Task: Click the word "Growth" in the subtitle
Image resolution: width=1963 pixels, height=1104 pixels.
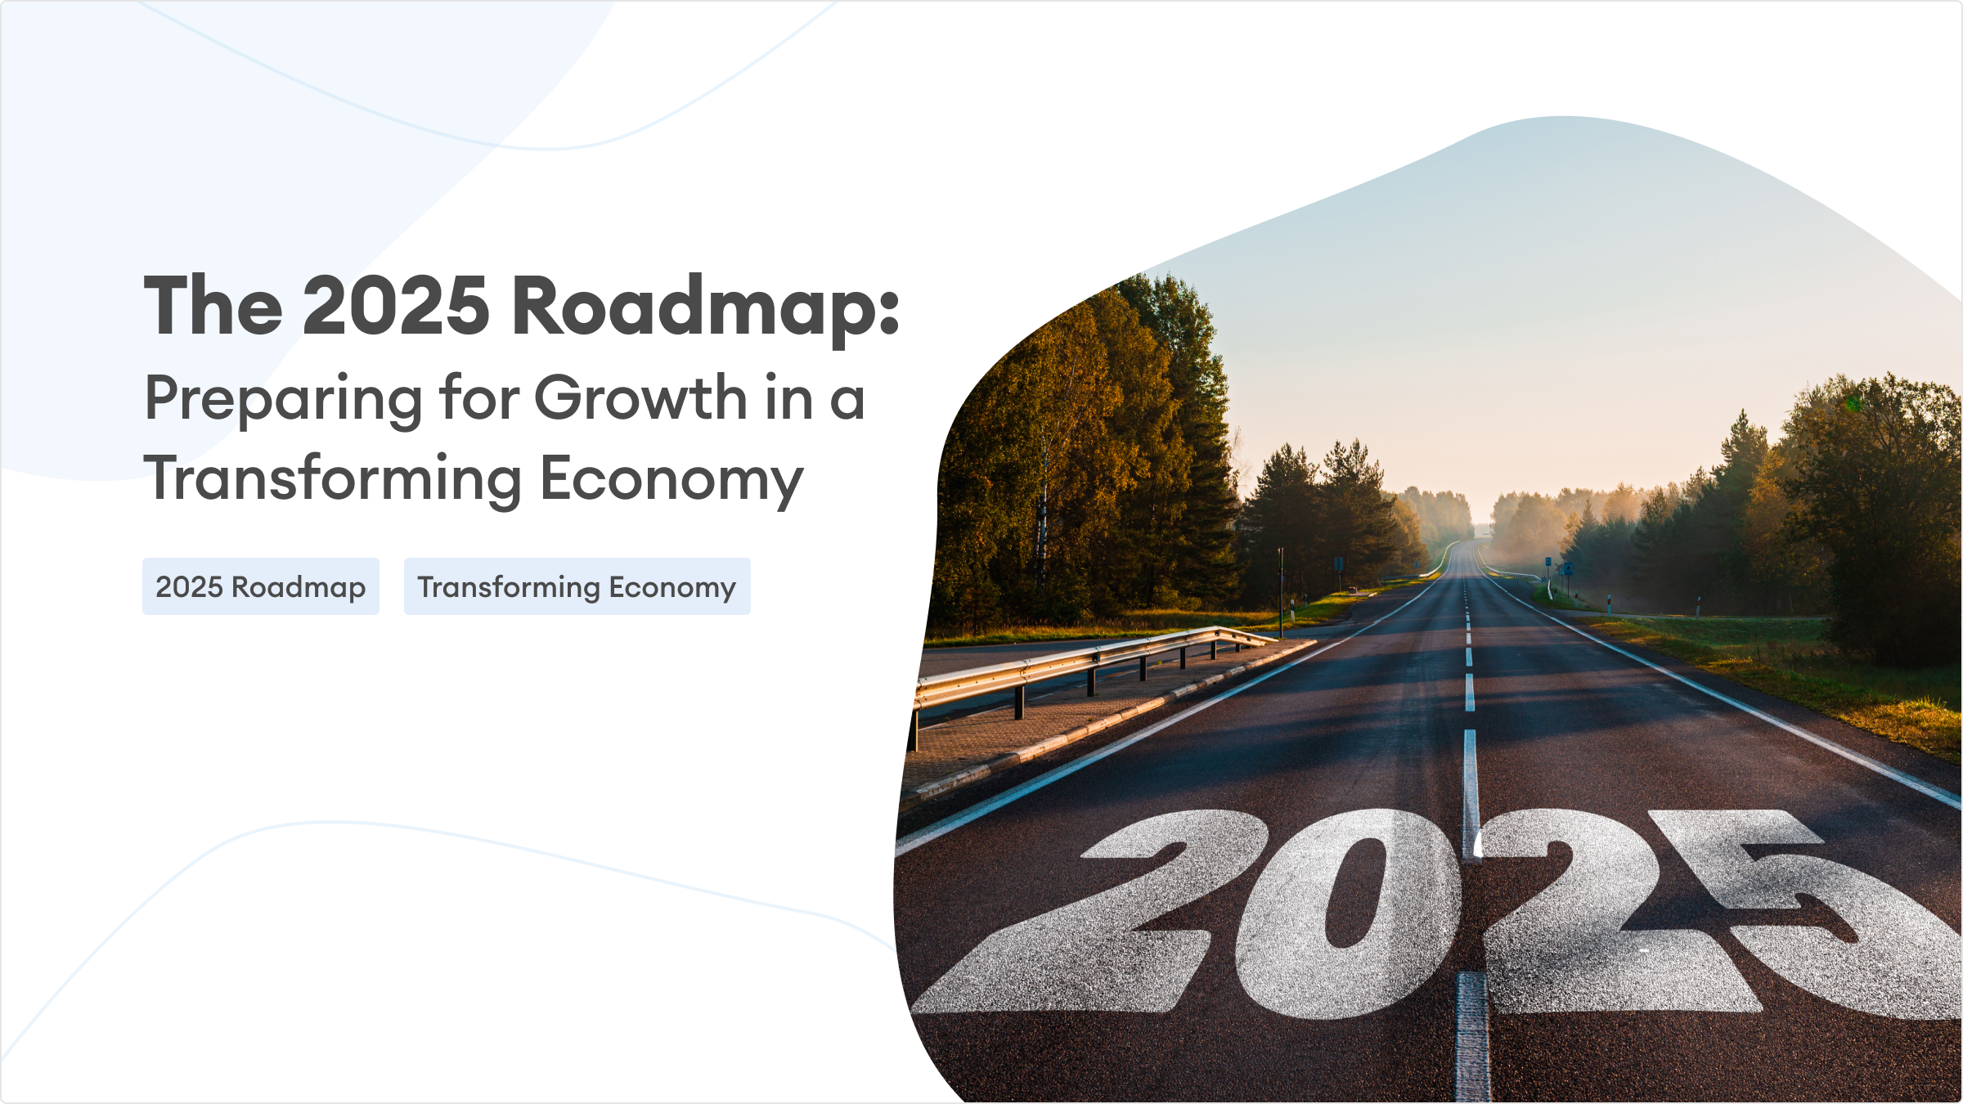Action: pos(640,397)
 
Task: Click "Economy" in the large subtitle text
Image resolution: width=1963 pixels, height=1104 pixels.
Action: pos(672,481)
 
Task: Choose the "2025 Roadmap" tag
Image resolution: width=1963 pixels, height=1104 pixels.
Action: pos(261,586)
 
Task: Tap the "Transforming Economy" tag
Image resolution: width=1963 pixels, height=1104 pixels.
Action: pos(577,586)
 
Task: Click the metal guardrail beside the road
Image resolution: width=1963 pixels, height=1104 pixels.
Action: pos(1088,664)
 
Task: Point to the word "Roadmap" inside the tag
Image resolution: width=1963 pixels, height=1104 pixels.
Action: pos(299,587)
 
